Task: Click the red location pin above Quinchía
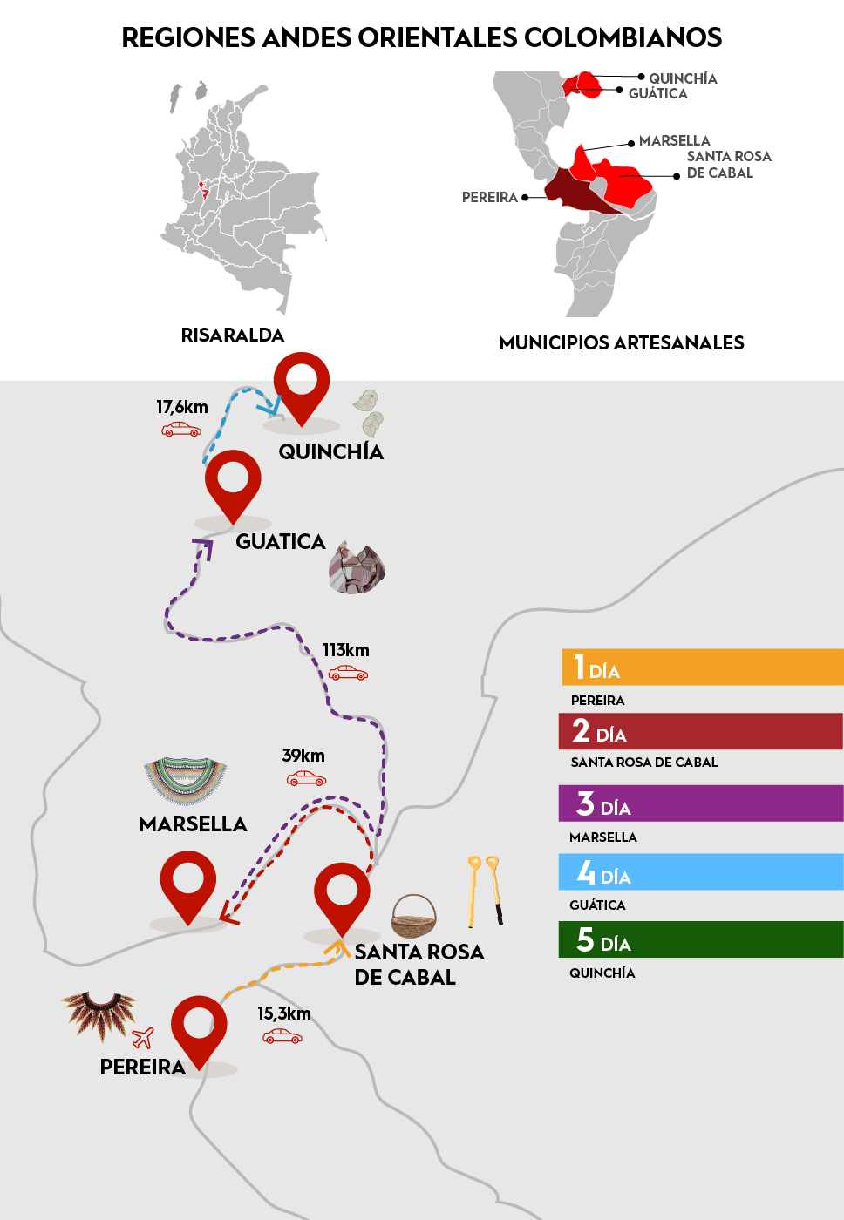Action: pos(301,383)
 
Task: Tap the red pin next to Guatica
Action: pos(233,482)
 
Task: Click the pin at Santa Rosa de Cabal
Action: pos(342,893)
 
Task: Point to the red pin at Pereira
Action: pos(199,1027)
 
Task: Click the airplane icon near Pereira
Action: pos(143,1037)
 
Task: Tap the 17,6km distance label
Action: pos(182,407)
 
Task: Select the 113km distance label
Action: pos(346,650)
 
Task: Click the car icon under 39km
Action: pos(306,778)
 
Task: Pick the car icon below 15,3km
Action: pos(282,1036)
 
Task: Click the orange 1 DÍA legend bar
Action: pos(702,668)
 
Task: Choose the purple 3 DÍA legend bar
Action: pos(701,803)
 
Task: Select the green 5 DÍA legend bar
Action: pos(701,939)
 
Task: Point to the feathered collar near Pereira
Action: pos(99,1013)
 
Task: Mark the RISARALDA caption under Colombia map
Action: pos(233,335)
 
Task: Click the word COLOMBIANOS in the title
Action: pos(623,37)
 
